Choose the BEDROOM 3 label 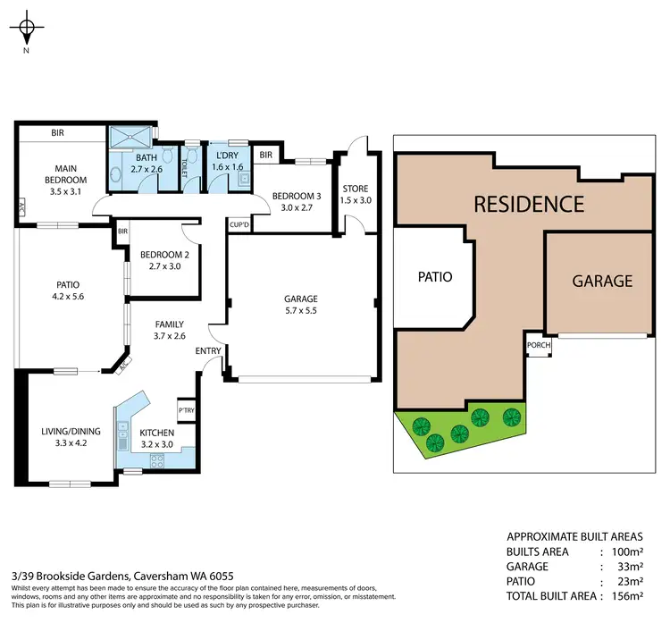(296, 201)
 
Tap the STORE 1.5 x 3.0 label (355, 194)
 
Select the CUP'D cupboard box (239, 224)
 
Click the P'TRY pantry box (187, 410)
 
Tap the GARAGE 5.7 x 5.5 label (302, 304)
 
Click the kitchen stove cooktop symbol (157, 461)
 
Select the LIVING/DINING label (71, 436)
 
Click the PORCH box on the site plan (539, 346)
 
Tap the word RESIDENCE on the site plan (528, 204)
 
